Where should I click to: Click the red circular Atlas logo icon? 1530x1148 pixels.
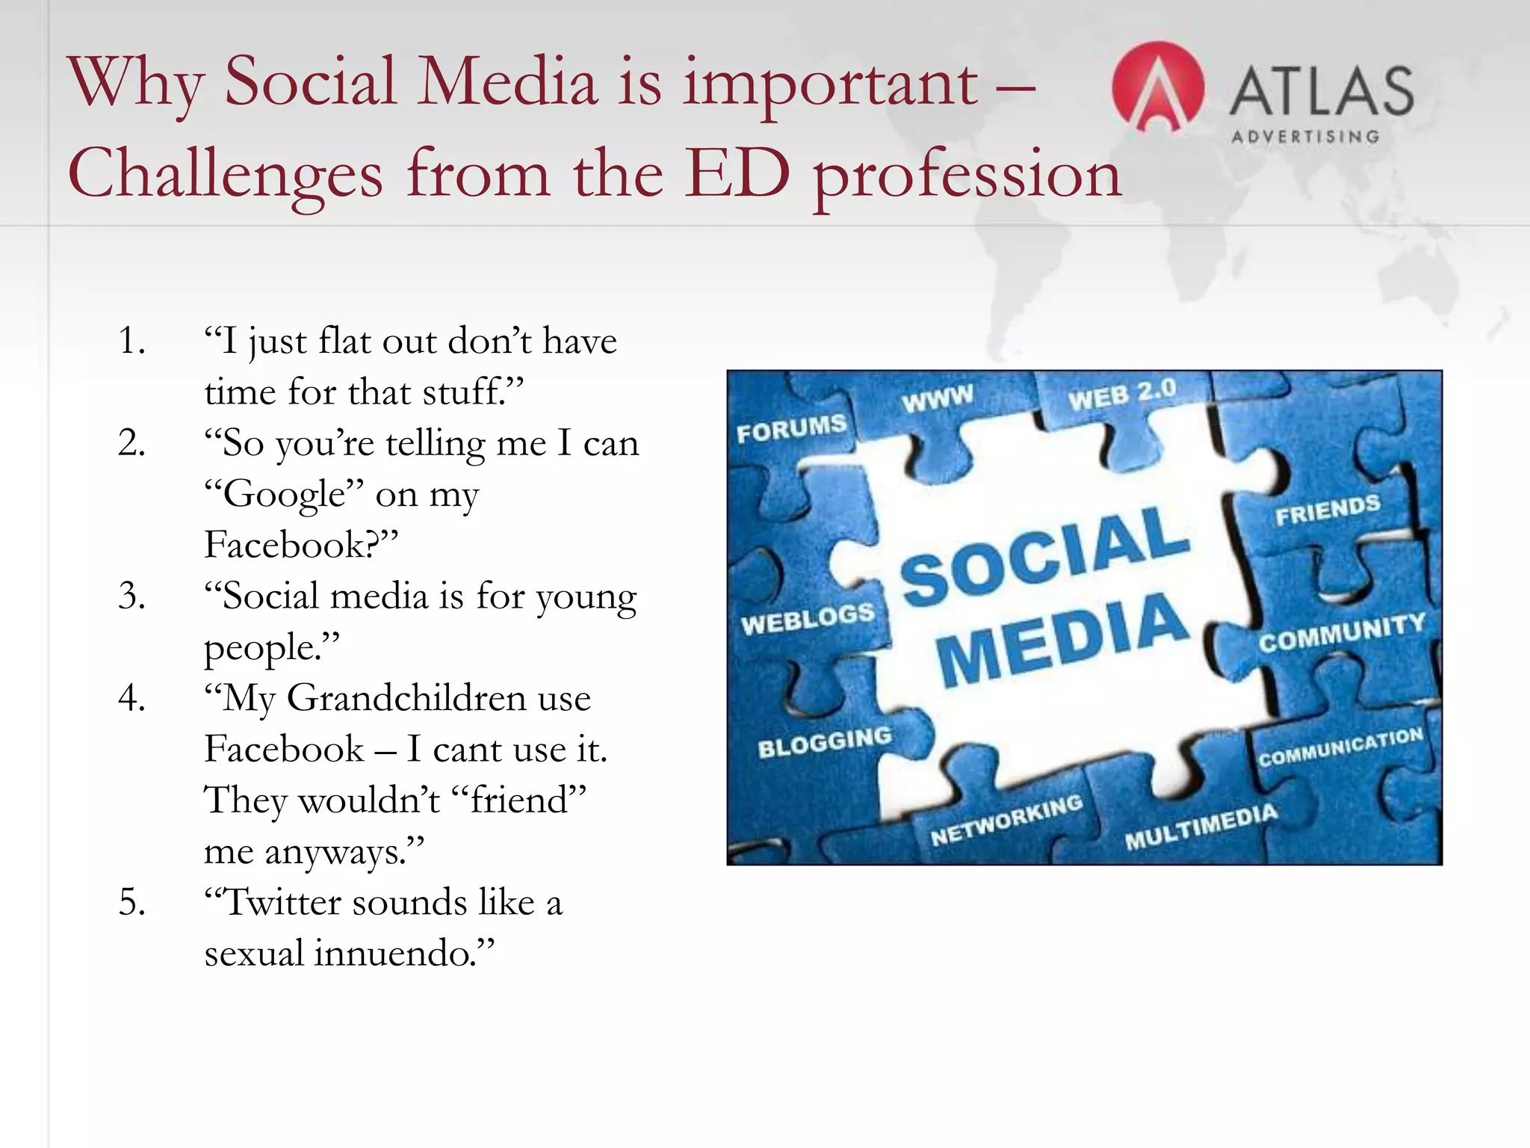pos(1157,87)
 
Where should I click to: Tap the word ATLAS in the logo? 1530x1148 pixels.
pos(1321,91)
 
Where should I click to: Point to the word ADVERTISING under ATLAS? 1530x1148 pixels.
pos(1305,137)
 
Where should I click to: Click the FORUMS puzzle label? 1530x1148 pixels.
pos(791,428)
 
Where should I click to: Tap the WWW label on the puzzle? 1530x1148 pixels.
pos(937,398)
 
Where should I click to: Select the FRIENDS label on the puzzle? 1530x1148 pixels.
pos(1328,510)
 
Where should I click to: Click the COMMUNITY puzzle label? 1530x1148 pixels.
pos(1342,632)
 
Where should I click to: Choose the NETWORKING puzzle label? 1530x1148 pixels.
pos(1006,819)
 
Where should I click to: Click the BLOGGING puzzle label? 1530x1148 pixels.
pos(825,741)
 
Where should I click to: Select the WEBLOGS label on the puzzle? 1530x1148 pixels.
pos(808,619)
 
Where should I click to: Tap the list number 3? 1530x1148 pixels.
pos(131,596)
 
